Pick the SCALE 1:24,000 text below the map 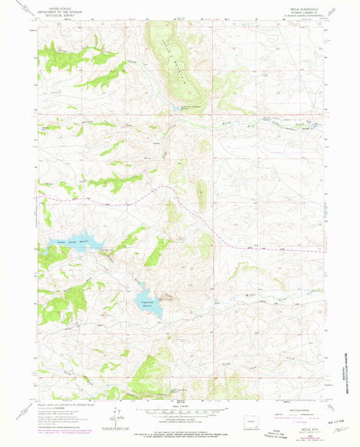[178, 409]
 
